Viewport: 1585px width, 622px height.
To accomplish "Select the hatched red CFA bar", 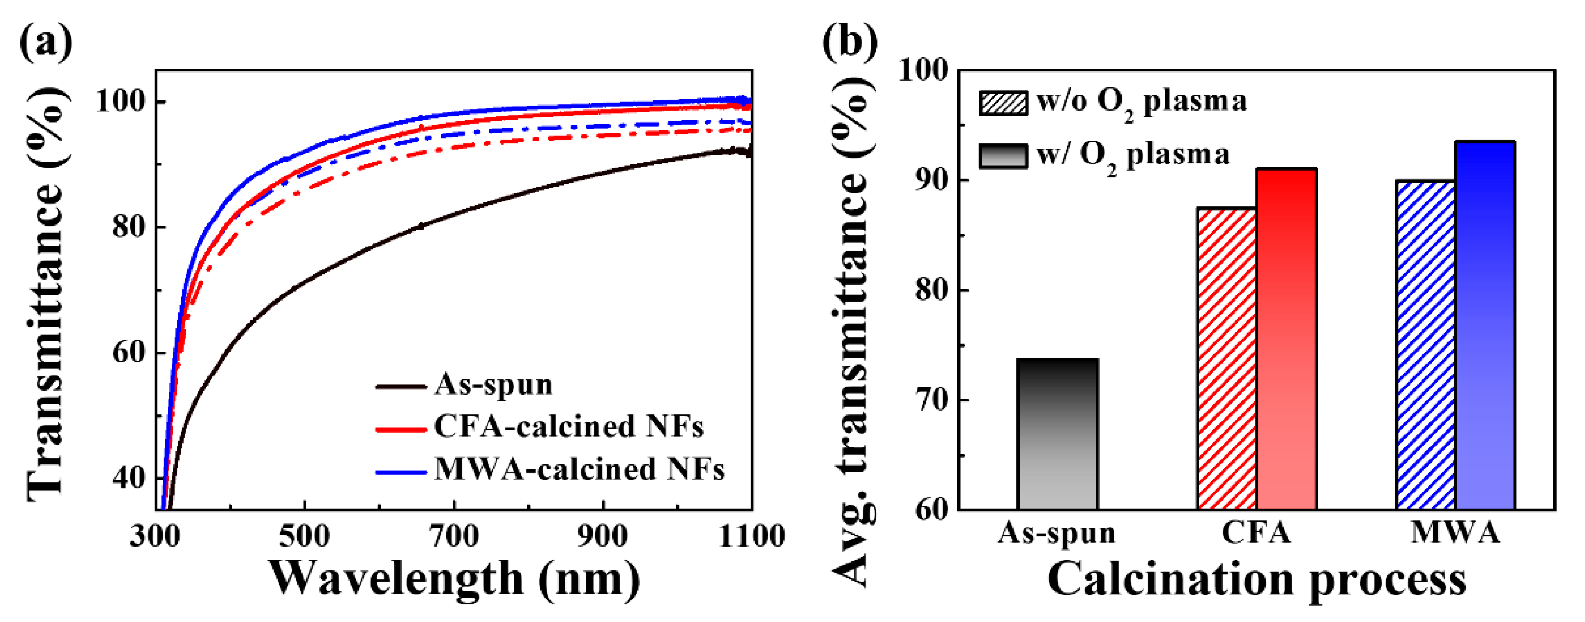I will click(1227, 359).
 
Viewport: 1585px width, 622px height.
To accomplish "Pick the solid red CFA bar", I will click(1286, 339).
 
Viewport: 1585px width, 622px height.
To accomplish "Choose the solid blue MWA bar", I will click(1485, 326).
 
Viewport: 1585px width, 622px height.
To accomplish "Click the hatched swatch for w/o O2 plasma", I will click(1003, 103).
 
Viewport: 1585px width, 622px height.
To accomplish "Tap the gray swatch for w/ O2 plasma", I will click(1003, 156).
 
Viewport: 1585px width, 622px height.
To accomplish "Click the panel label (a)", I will click(46, 42).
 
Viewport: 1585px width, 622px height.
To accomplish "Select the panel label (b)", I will click(850, 42).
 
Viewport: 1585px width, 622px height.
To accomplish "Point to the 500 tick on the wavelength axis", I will click(304, 536).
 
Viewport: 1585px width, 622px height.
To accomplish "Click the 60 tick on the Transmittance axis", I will click(129, 353).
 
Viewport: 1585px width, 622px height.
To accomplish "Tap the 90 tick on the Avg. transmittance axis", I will click(932, 180).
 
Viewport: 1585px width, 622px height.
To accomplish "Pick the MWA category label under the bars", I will click(1455, 533).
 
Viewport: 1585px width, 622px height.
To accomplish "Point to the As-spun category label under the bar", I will click(1057, 533).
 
